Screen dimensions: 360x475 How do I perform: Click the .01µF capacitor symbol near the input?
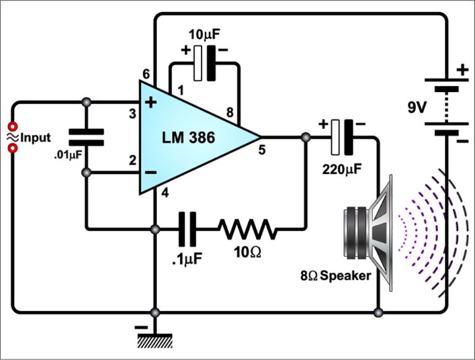[x=86, y=137]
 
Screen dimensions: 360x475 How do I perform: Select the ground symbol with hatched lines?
[x=155, y=340]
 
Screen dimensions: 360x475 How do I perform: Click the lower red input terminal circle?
[x=11, y=148]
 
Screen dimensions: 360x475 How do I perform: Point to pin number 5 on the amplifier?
[x=262, y=149]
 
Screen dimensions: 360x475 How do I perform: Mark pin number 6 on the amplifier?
[x=146, y=74]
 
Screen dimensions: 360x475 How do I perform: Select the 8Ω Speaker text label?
[x=338, y=275]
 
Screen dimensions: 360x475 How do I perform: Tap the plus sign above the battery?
[x=461, y=70]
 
